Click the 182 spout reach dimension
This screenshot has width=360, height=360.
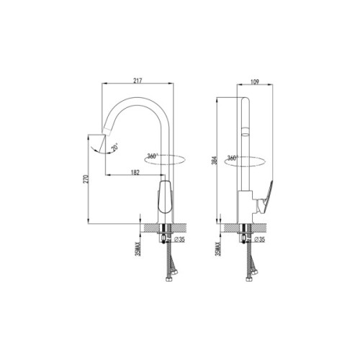[135, 171]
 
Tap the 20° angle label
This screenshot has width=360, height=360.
[115, 148]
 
